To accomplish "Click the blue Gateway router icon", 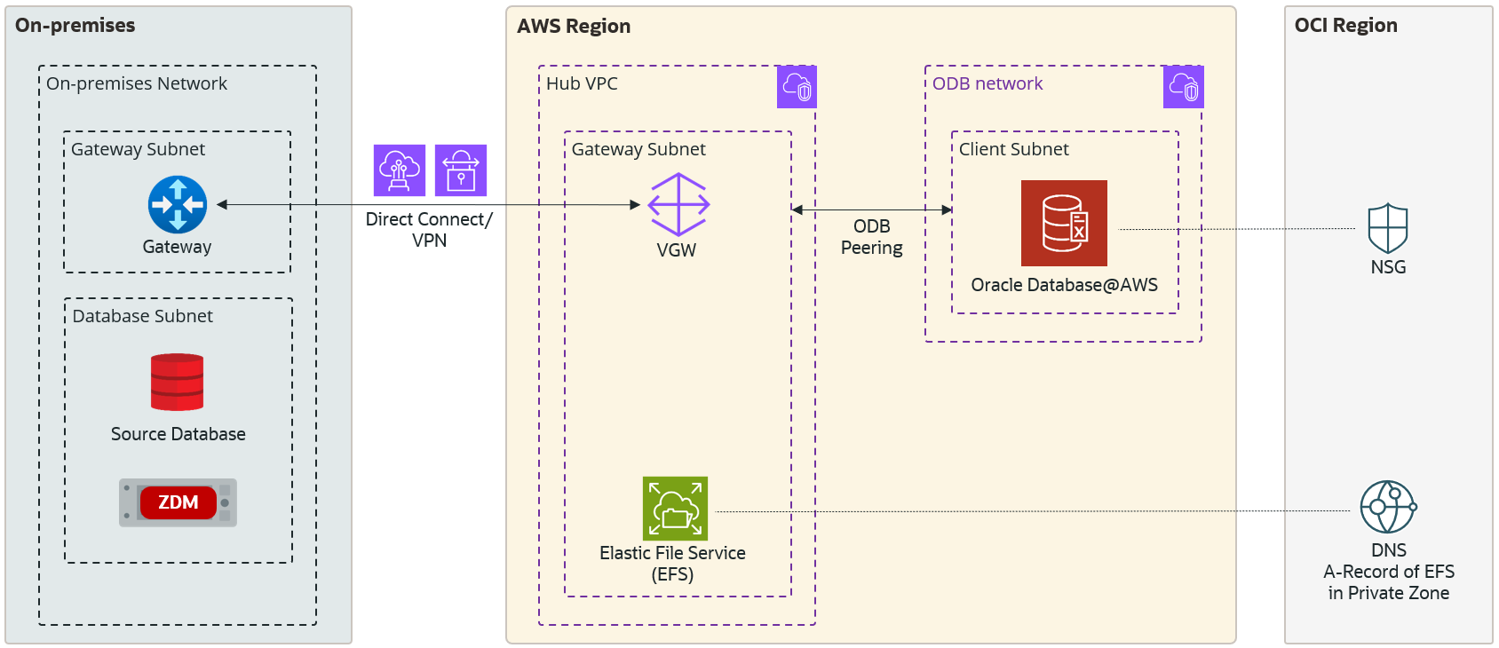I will [178, 204].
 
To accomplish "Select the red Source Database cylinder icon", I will [177, 383].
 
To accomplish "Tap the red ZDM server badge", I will [178, 502].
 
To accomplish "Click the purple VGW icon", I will [678, 204].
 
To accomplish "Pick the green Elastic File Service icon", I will [675, 509].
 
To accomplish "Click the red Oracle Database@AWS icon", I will [1064, 223].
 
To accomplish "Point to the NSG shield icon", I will [1388, 229].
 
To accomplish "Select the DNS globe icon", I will [1388, 507].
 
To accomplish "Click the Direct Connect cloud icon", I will [400, 170].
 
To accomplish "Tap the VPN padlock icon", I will [461, 170].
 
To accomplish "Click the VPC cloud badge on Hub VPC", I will [797, 87].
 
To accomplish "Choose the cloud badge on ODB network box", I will [1184, 87].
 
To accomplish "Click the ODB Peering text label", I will [872, 237].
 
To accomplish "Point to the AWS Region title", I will [574, 27].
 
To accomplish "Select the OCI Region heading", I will [1345, 26].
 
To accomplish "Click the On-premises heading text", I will [75, 26].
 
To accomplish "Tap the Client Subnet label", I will [1013, 149].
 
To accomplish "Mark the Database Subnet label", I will [143, 316].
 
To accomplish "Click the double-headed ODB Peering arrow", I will [872, 210].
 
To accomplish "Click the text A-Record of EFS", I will [1389, 572].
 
